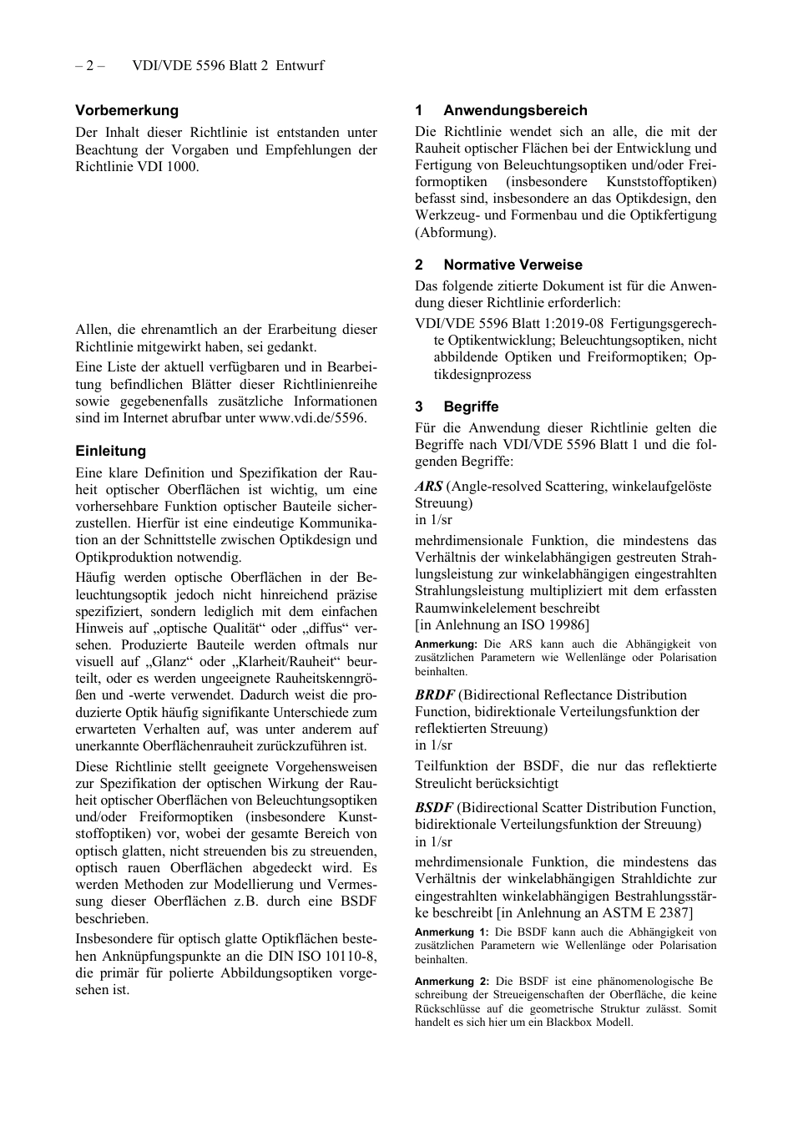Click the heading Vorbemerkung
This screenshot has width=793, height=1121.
coord(127,110)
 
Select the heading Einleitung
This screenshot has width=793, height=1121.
coord(110,451)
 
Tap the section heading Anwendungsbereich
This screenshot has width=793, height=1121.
coord(515,110)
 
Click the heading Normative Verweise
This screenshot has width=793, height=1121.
coord(513,265)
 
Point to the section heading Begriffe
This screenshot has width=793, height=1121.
coord(471,406)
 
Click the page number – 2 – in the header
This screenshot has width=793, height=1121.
coord(89,65)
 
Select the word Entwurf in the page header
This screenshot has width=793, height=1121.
coord(300,65)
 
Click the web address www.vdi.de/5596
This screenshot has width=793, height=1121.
coord(312,418)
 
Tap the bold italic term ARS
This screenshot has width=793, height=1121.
coord(429,486)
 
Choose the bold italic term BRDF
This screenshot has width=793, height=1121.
coord(435,694)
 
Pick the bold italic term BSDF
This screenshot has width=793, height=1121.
coord(434,807)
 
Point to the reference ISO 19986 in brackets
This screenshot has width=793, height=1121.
coord(553,624)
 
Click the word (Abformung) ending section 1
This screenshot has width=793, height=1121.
coord(455,232)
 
